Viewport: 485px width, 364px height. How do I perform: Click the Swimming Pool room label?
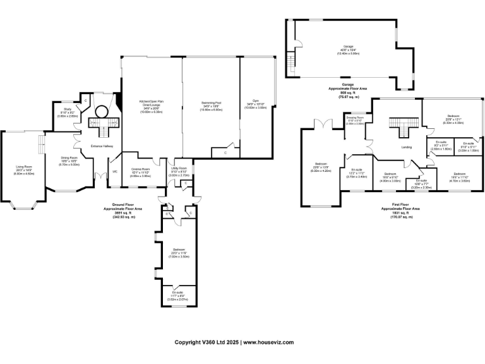[x=210, y=104]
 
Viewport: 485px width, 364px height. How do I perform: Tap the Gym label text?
[x=256, y=102]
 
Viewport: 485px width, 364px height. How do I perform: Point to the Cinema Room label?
[x=140, y=171]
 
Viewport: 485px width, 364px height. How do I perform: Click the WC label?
[x=114, y=171]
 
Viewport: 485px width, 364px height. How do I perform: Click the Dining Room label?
[x=69, y=159]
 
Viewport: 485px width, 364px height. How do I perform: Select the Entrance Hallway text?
[x=101, y=146]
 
